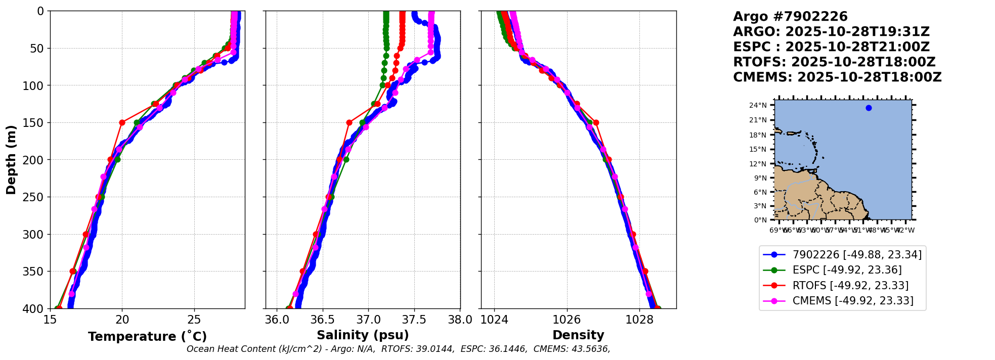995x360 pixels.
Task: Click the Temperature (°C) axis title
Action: click(147, 337)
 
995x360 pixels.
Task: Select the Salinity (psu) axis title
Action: click(363, 335)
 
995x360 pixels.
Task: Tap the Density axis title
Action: click(578, 335)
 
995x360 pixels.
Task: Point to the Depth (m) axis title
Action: click(11, 159)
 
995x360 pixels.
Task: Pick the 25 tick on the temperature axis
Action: click(194, 320)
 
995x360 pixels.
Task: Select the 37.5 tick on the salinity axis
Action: click(414, 320)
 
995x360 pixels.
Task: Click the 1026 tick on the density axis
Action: click(567, 320)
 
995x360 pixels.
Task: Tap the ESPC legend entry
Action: click(847, 270)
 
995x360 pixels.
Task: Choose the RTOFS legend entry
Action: click(850, 286)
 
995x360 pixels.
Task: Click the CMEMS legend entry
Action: click(853, 301)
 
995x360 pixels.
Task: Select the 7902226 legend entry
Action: click(857, 255)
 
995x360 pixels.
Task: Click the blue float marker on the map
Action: click(869, 108)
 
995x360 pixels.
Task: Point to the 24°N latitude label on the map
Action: click(758, 106)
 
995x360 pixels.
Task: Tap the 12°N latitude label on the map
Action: click(758, 164)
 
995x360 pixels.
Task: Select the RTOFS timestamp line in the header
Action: click(834, 62)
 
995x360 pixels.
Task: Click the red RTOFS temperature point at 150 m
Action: click(122, 122)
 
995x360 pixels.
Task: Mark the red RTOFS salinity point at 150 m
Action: click(349, 122)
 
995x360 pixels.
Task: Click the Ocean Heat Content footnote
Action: click(398, 349)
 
